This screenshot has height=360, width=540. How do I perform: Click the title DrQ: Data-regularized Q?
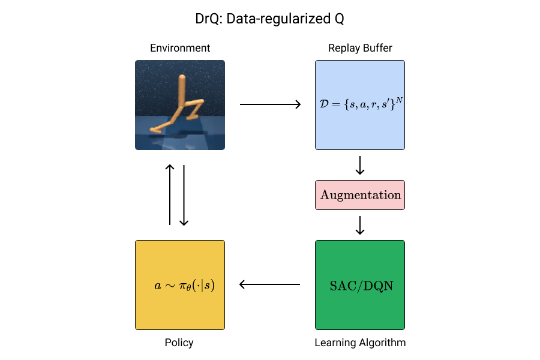[x=269, y=19]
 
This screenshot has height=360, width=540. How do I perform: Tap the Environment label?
[x=180, y=48]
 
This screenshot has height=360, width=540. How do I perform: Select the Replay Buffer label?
[x=360, y=48]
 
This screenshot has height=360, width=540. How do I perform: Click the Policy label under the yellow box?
[x=179, y=343]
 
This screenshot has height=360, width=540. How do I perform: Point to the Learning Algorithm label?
[x=360, y=343]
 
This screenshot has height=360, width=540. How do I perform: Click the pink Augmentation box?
[x=360, y=195]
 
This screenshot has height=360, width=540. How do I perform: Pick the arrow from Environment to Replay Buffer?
[x=270, y=105]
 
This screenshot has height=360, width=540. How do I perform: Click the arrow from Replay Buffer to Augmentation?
[x=360, y=165]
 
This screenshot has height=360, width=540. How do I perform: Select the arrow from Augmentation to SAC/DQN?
[x=360, y=225]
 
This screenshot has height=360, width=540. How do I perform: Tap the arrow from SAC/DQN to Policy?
[x=270, y=285]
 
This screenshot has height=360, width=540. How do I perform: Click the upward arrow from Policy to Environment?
[x=170, y=195]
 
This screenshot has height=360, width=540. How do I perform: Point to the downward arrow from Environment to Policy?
[x=184, y=195]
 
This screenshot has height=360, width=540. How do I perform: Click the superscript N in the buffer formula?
[x=399, y=99]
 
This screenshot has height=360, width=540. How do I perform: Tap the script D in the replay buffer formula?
[x=325, y=105]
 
